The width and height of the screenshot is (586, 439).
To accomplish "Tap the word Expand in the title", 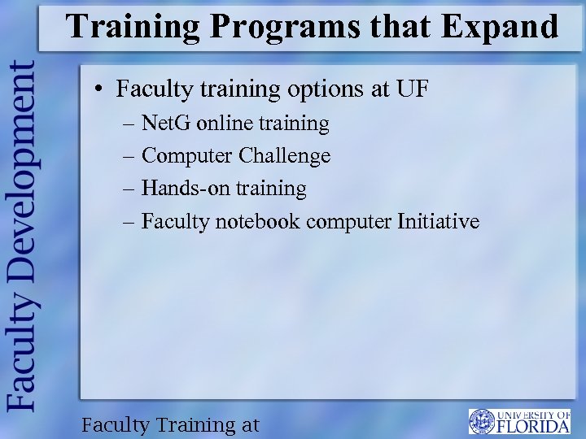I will (500, 27).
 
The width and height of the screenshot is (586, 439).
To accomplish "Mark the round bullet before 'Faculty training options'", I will (98, 89).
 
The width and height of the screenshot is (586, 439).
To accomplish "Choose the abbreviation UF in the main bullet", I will (413, 88).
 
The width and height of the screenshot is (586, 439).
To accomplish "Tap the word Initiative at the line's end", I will (439, 221).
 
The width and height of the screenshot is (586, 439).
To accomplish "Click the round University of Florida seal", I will (482, 421).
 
